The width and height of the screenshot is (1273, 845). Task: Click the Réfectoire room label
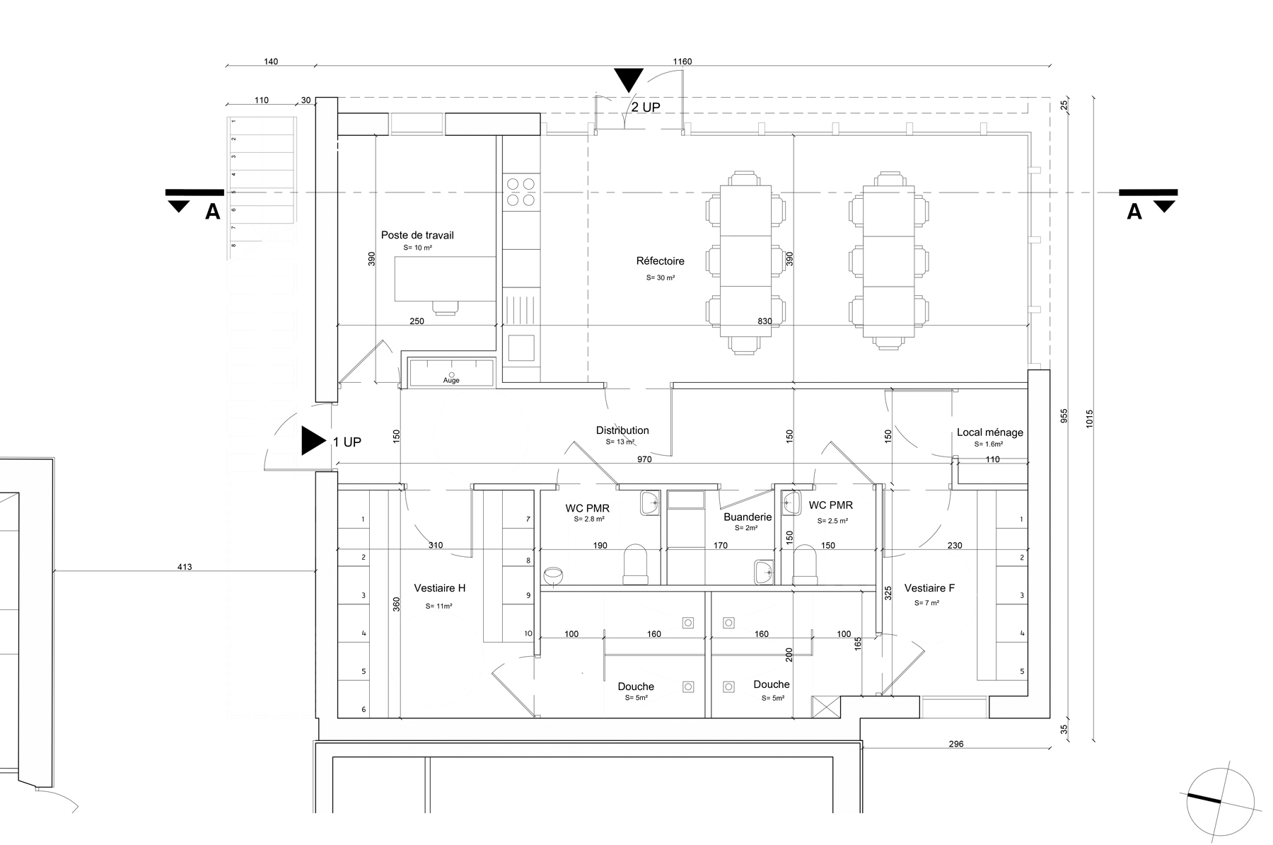pos(660,261)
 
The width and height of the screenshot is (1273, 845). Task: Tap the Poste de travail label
pos(417,235)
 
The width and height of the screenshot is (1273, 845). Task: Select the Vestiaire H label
pos(439,588)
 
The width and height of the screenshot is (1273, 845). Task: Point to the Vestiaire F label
pos(929,588)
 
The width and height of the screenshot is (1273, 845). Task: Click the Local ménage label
pos(989,432)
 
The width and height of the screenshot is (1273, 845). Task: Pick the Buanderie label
pos(748,517)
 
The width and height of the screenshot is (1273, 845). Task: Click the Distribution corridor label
pos(622,430)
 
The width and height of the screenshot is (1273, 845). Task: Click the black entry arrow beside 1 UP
pos(312,440)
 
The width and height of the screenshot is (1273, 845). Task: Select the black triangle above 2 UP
pos(628,79)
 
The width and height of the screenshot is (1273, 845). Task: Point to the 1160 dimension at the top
pos(682,62)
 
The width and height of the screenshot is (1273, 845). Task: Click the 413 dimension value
pos(185,567)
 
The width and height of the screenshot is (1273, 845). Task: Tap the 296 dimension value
pos(955,744)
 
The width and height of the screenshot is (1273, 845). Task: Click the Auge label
pos(451,381)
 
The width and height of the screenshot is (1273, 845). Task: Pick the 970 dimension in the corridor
pos(644,459)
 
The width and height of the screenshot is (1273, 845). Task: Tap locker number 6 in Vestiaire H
pos(364,709)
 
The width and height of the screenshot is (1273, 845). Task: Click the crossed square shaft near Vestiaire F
pos(823,706)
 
